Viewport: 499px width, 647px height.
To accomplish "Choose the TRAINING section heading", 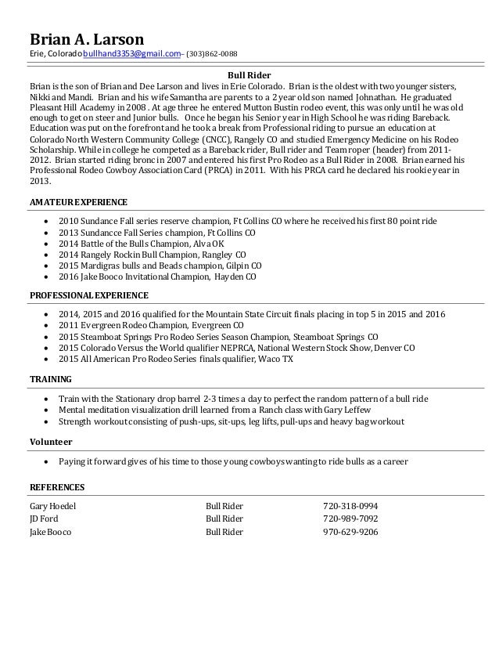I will tap(51, 378).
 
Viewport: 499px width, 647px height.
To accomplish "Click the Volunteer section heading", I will tap(52, 441).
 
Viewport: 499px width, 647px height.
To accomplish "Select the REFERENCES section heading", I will tap(58, 487).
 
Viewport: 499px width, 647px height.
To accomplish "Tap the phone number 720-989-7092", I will tap(350, 519).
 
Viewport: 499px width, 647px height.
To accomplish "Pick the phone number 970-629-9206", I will tap(350, 531).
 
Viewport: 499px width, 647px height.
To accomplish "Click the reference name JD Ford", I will tap(44, 519).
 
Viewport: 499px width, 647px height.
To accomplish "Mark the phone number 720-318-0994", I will tap(350, 506).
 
